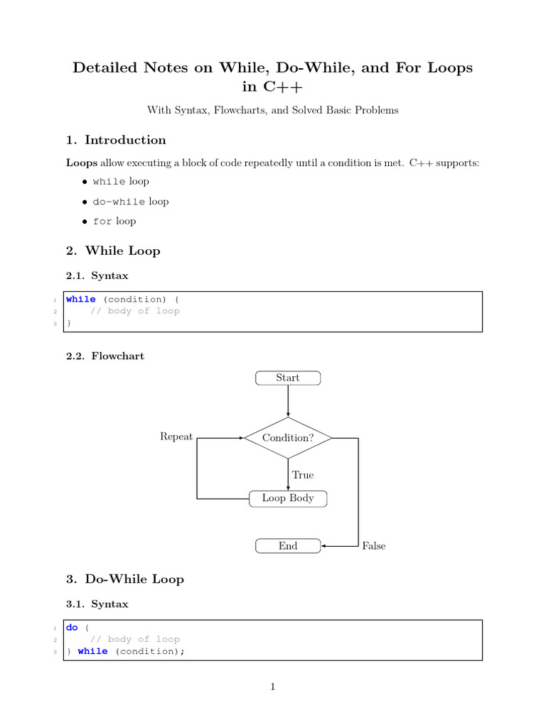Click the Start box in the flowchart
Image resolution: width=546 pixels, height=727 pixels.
coord(288,378)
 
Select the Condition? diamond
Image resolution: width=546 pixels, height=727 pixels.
coord(288,437)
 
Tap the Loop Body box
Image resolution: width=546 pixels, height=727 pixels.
coord(288,498)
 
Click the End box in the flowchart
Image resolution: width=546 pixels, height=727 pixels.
coord(288,546)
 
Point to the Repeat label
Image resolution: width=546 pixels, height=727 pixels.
coord(176,437)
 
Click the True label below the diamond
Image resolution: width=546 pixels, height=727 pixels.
coord(303,475)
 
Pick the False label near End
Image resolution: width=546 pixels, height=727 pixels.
coord(374,546)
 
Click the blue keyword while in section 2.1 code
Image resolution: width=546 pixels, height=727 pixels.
coord(80,300)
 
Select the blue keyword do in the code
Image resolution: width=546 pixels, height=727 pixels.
coord(72,628)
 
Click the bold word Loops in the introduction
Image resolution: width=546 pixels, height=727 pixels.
coord(81,163)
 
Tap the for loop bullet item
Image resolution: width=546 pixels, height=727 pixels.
coord(114,222)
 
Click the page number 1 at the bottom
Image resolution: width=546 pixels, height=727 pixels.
coord(273,687)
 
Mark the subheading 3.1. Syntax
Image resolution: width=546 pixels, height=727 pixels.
coord(97,604)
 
